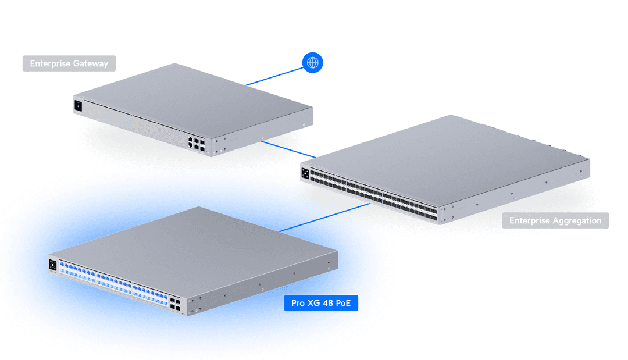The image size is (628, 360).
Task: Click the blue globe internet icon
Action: click(x=313, y=63)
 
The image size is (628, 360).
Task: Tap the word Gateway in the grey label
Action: click(x=90, y=63)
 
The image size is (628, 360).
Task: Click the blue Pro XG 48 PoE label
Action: click(x=320, y=303)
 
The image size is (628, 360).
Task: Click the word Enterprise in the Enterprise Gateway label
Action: click(x=50, y=63)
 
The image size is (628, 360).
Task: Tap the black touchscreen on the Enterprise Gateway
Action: click(x=78, y=106)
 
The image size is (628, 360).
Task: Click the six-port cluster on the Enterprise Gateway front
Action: click(x=196, y=143)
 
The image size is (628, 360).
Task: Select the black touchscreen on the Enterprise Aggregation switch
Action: click(x=305, y=173)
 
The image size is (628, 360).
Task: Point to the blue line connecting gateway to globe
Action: click(x=273, y=76)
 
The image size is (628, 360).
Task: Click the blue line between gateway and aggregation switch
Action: click(x=288, y=149)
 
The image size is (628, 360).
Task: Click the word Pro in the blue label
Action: click(x=298, y=303)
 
